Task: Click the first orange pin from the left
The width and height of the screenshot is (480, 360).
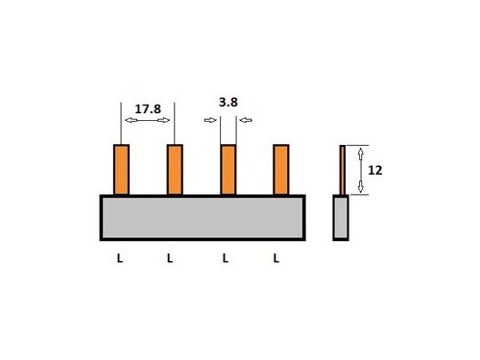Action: click(122, 170)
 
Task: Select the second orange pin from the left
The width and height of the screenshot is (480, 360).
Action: click(175, 170)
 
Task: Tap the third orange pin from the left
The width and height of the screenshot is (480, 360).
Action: click(228, 170)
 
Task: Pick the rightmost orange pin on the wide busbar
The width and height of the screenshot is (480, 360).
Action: click(281, 170)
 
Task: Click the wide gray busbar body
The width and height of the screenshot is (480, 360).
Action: click(203, 217)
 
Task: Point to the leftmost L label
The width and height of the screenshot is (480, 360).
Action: click(119, 258)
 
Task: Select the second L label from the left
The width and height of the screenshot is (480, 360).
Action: click(170, 258)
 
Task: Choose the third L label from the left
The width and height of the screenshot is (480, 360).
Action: click(226, 258)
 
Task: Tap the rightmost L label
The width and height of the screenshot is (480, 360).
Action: click(276, 258)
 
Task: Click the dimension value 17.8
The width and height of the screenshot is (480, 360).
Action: click(146, 109)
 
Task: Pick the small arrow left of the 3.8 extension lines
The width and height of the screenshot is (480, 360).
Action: click(211, 120)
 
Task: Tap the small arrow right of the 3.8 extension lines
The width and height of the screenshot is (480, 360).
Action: click(246, 120)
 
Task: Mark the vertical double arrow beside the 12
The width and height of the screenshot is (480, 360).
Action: click(361, 170)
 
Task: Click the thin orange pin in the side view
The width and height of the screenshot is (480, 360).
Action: click(342, 170)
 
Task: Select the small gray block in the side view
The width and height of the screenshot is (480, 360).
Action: click(342, 217)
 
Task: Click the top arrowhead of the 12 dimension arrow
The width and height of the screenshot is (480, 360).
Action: click(361, 151)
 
